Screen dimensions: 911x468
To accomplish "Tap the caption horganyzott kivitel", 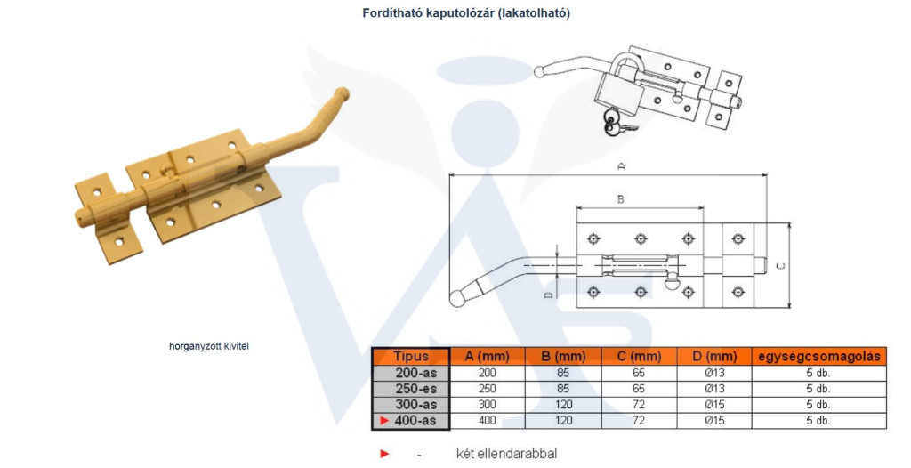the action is (x=209, y=346).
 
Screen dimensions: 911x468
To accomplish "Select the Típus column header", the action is (x=411, y=357).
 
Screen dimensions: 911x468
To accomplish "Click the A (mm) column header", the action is (x=487, y=357).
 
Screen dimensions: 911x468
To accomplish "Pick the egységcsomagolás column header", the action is (x=819, y=357).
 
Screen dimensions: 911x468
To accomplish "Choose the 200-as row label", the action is (x=415, y=373).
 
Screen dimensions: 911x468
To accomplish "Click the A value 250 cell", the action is (x=488, y=388).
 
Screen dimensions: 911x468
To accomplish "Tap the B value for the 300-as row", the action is (x=563, y=405).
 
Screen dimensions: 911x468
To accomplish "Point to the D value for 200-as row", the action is (x=714, y=373).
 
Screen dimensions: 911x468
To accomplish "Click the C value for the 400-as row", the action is (x=639, y=420).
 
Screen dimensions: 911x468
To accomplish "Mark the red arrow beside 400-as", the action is (x=384, y=420).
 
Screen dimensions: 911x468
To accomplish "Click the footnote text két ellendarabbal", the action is (x=506, y=454).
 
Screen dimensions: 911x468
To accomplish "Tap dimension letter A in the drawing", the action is (x=621, y=167).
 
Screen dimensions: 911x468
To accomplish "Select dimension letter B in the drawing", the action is (x=620, y=199).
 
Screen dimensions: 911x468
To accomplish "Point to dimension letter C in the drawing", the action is (x=781, y=266).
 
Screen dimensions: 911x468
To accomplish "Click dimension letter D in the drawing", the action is (x=547, y=295).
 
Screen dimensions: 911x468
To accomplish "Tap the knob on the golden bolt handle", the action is (x=342, y=94).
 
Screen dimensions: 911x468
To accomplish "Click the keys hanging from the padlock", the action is (x=617, y=124).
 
